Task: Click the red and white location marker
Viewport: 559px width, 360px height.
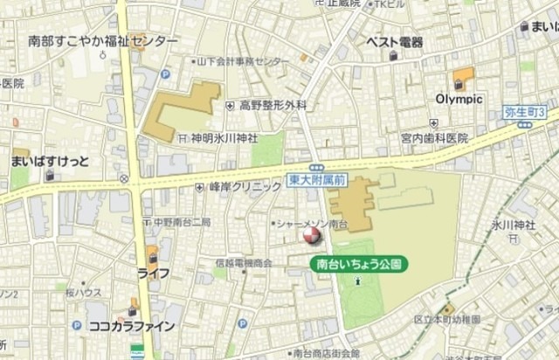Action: [x=310, y=234]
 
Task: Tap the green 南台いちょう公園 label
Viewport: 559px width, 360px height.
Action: [x=358, y=262]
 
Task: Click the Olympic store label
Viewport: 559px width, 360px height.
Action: [x=459, y=99]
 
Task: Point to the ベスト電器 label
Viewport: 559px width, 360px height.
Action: [x=394, y=42]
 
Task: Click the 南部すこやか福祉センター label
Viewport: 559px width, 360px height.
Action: [x=102, y=41]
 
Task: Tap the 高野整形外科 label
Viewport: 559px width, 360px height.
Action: [x=273, y=105]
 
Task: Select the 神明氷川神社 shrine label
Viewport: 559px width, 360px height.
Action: [x=224, y=138]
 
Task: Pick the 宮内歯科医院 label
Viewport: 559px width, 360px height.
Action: [x=435, y=138]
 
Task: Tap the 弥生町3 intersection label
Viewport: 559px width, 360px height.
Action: [x=525, y=112]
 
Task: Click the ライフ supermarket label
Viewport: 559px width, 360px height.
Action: [x=153, y=273]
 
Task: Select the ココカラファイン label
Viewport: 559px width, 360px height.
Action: [x=132, y=326]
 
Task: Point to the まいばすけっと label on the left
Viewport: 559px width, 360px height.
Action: [x=50, y=162]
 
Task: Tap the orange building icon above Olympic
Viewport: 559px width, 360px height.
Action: [x=463, y=77]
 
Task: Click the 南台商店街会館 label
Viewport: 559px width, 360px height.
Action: [x=327, y=353]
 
